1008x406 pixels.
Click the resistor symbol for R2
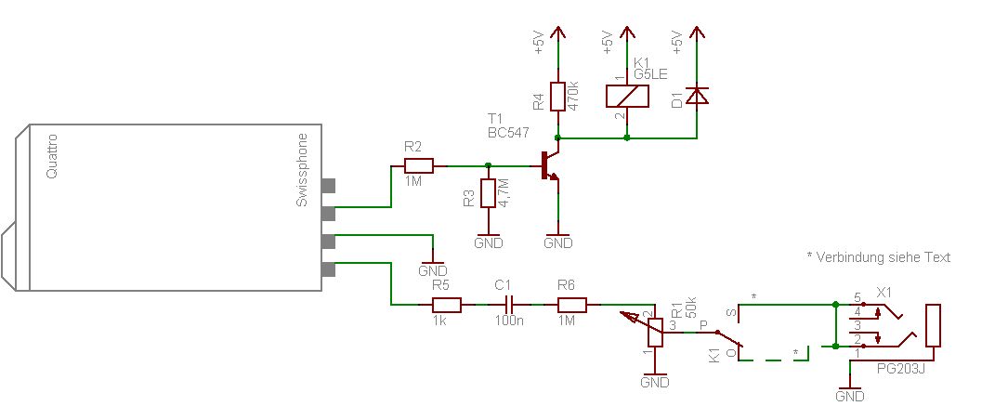418,165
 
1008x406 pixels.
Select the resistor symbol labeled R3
488,193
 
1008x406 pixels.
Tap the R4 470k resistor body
557,96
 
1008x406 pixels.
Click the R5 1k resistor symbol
446,305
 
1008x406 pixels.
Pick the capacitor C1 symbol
509,305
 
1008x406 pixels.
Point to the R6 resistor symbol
571,305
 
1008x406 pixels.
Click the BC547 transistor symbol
549,165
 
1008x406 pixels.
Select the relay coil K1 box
627,96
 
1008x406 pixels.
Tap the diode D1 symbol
696,96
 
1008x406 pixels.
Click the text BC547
508,133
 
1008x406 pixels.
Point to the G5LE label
650,74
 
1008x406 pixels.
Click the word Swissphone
302,170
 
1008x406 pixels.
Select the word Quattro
53,156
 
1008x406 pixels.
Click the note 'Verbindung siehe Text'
883,257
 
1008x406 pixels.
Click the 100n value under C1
509,321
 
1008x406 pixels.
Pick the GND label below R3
488,243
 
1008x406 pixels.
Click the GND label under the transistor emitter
557,243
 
